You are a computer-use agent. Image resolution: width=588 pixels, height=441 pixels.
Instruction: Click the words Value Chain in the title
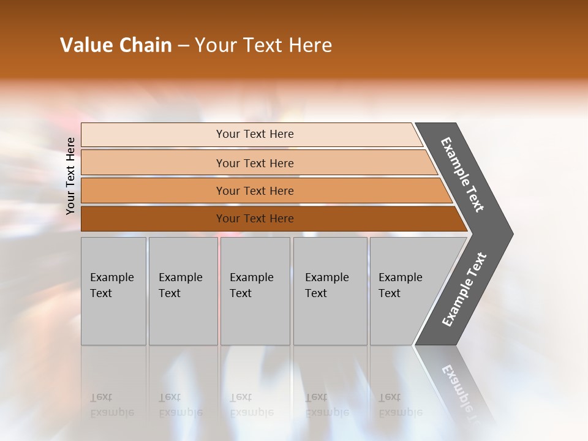point(116,45)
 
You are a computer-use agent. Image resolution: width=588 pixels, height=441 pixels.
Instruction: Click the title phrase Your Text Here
point(263,45)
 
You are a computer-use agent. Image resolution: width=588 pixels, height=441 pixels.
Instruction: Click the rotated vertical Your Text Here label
point(70,176)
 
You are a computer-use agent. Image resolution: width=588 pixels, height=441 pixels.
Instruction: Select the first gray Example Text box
point(113,291)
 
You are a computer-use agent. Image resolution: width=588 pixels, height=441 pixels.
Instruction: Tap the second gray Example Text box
point(183,291)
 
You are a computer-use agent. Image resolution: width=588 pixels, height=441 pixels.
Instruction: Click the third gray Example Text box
point(255,291)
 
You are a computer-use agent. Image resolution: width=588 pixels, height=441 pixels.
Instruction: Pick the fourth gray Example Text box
point(330,291)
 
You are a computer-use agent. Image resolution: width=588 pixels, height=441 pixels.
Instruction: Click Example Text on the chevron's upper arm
point(462,175)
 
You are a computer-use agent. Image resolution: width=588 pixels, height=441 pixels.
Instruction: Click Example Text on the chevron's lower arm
point(464,290)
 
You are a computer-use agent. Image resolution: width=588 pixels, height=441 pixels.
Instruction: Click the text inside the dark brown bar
point(255,219)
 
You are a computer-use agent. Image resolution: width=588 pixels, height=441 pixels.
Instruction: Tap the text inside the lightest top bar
point(255,134)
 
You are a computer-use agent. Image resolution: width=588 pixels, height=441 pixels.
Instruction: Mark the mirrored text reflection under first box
point(111,405)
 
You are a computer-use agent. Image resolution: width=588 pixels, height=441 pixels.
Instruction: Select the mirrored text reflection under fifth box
point(400,405)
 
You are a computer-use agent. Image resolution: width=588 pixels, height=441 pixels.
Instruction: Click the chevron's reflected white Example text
point(458,389)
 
